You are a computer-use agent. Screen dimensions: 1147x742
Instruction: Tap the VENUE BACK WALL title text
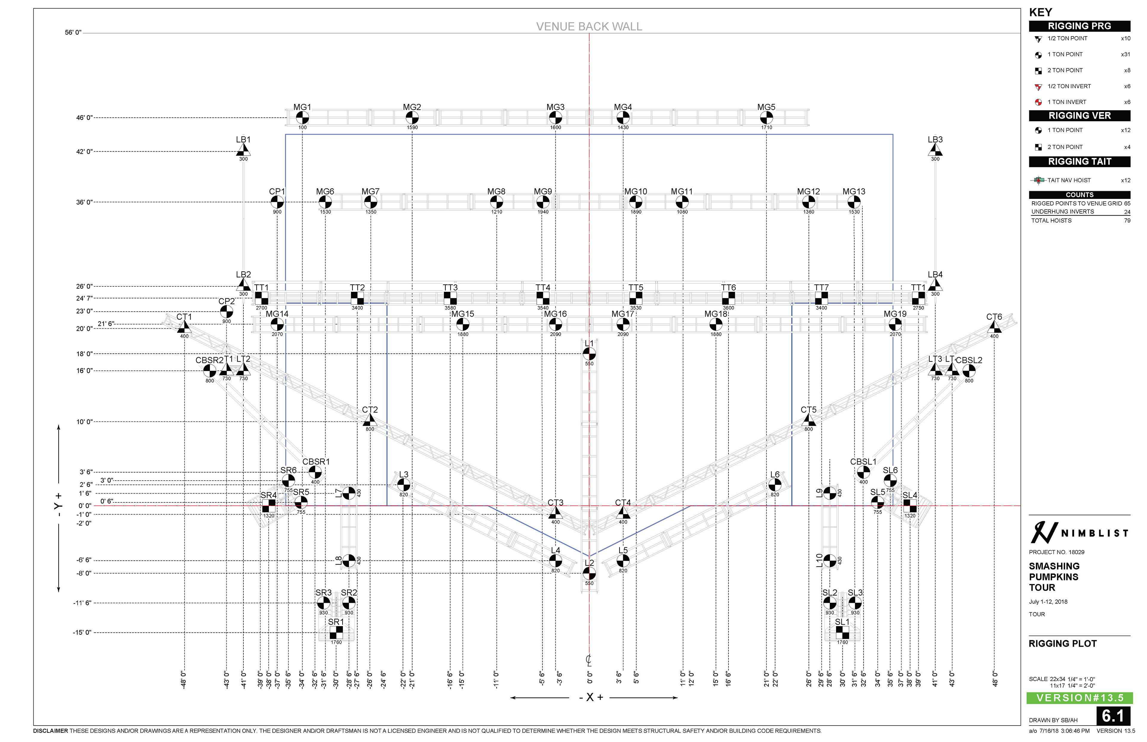coord(589,27)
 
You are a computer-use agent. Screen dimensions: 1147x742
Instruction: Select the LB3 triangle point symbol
coord(935,150)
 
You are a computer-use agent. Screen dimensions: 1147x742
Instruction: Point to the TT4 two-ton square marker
coord(543,298)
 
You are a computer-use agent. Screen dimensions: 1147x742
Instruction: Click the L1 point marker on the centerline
coord(589,354)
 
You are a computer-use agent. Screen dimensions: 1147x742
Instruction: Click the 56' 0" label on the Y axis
coord(73,33)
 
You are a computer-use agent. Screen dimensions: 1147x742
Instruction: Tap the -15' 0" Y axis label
coord(82,633)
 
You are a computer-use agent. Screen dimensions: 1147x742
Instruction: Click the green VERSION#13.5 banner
coord(1079,698)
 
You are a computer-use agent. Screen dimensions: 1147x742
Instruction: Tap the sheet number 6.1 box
coord(1113,716)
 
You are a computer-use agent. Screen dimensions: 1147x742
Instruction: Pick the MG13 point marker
coord(854,202)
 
